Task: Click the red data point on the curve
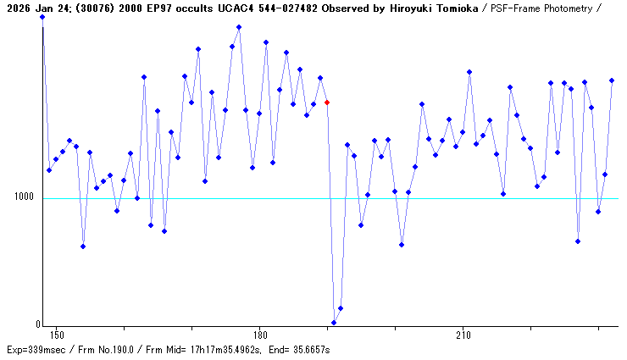[327, 102]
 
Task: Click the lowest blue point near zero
[334, 323]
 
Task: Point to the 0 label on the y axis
[36, 324]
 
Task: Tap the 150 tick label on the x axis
[58, 335]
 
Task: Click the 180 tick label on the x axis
[260, 335]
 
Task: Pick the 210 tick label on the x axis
[463, 335]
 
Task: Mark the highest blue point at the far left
[42, 17]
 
